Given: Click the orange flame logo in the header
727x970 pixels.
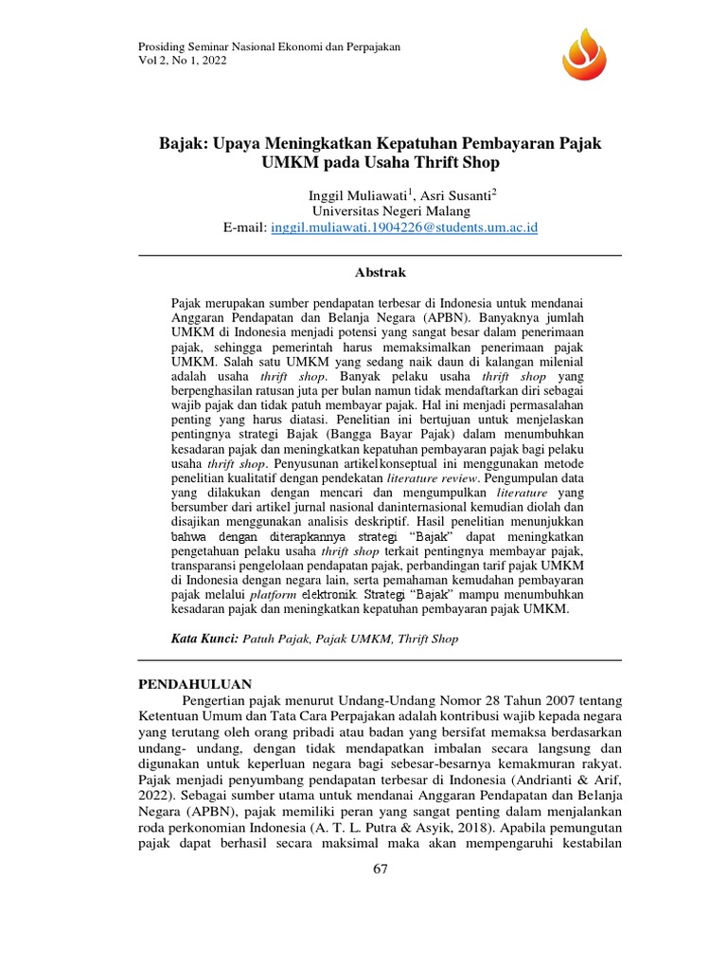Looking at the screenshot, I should point(589,54).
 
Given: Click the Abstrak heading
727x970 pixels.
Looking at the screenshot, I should point(380,272).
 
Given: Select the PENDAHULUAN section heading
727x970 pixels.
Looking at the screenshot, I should point(195,682).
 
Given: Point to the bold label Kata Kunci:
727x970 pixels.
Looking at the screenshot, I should point(205,638).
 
